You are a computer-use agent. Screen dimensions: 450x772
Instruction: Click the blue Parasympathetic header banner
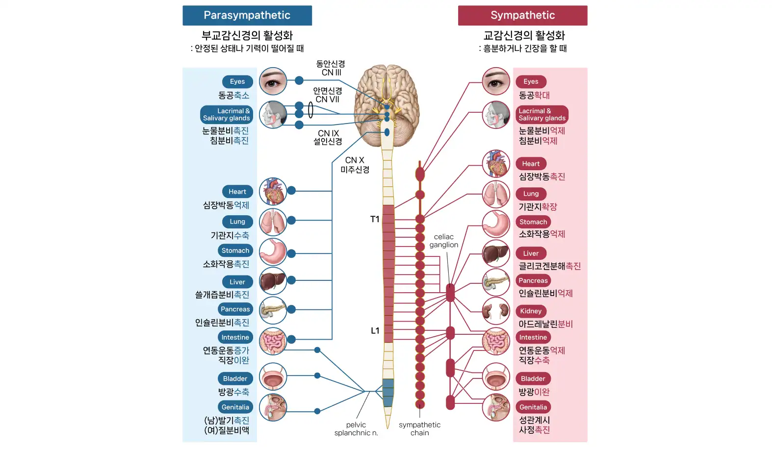(x=247, y=15)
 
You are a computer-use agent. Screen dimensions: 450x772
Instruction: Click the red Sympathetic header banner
(x=522, y=15)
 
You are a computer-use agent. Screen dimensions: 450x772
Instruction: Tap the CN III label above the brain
(x=331, y=73)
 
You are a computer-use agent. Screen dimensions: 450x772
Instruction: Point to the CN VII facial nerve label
(x=327, y=100)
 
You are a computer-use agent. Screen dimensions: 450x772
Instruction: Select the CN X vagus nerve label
(x=355, y=160)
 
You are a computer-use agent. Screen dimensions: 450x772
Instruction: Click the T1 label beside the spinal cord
(x=375, y=219)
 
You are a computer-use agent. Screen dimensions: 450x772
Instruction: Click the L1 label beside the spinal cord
(x=375, y=331)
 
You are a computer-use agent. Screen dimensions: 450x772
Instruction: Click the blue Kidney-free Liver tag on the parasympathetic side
(x=237, y=282)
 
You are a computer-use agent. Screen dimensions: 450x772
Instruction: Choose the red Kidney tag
(x=531, y=311)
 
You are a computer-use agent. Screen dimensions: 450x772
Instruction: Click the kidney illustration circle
(x=496, y=311)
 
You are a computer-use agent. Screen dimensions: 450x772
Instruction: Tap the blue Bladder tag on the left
(x=235, y=378)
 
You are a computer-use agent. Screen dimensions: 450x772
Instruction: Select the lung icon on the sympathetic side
(x=496, y=194)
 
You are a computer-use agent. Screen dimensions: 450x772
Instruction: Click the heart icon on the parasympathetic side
(x=273, y=192)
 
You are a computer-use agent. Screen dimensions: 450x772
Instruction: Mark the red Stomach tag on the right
(x=533, y=222)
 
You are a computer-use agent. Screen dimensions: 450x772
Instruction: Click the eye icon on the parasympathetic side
(x=273, y=81)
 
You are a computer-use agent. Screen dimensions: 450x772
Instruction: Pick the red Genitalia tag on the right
(x=533, y=407)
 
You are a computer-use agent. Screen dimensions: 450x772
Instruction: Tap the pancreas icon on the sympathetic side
(x=496, y=282)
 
